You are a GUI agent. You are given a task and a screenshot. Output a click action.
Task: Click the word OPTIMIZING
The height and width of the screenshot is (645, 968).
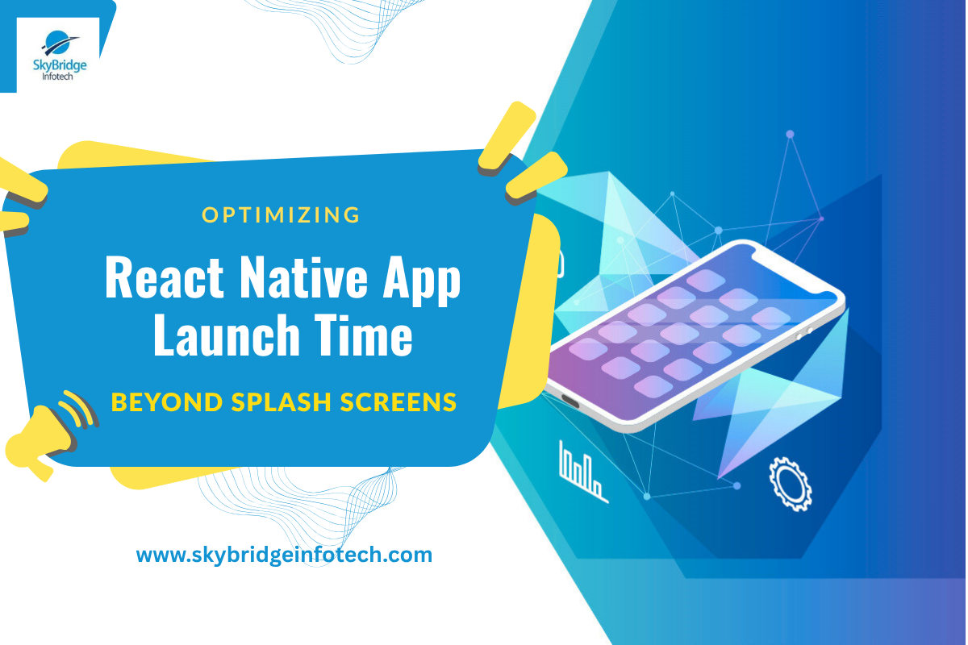[281, 214]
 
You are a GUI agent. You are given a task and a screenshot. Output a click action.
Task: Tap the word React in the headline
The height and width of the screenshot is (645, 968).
[165, 277]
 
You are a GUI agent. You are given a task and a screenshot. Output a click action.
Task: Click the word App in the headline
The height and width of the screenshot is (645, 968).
[422, 281]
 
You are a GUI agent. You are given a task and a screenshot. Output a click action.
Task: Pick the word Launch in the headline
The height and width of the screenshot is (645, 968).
[227, 335]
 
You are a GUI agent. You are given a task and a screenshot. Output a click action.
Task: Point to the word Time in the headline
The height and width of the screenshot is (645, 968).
[364, 335]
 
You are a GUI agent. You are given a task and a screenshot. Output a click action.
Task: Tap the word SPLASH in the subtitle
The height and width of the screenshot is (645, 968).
[282, 402]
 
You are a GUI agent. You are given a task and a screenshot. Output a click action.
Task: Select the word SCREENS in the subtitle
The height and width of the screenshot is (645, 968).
[398, 402]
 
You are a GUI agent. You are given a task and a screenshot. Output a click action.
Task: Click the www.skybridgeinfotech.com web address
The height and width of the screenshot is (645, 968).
[284, 556]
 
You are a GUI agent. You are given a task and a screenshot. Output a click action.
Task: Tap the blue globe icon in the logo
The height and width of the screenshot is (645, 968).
[60, 44]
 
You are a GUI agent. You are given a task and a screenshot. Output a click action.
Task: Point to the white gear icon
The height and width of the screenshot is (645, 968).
[791, 484]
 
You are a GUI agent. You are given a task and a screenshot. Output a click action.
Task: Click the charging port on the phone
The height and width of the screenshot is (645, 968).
[570, 402]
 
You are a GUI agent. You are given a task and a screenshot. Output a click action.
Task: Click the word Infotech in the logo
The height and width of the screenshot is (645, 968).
[57, 77]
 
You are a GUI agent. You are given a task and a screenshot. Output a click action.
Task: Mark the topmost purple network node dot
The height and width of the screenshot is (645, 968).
[790, 134]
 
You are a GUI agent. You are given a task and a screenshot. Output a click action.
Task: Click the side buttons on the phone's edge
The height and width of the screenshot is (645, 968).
[804, 334]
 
